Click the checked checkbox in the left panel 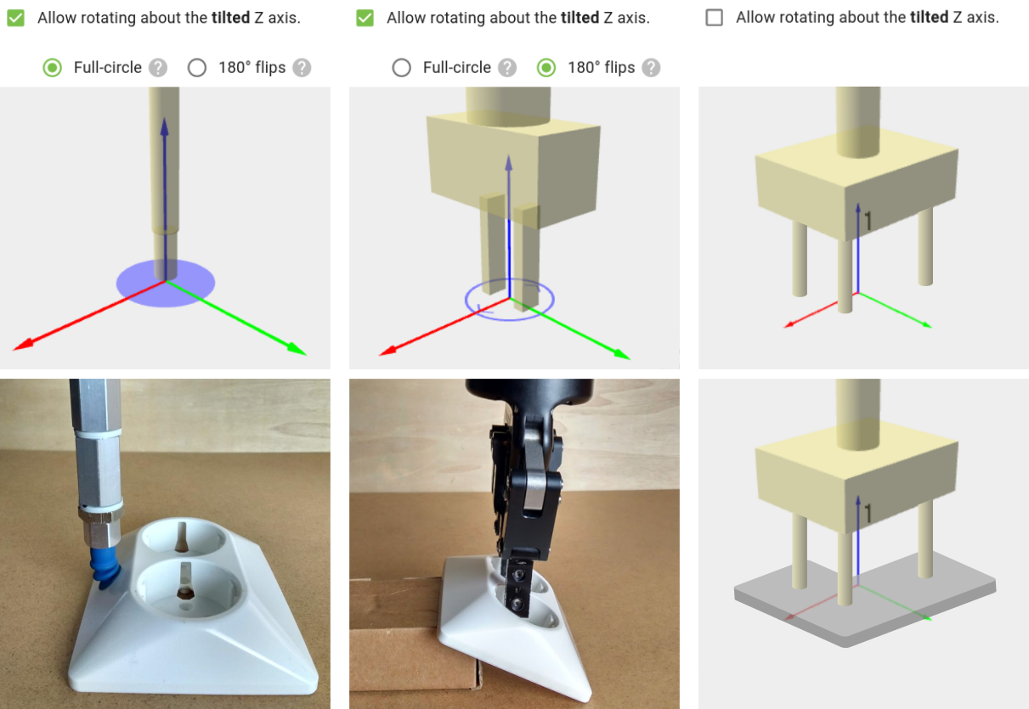[x=15, y=18]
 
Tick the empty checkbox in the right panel [x=714, y=18]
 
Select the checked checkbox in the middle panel [x=365, y=18]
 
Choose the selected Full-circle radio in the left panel [x=53, y=67]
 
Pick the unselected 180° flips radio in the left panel [x=197, y=67]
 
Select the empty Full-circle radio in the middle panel [x=402, y=67]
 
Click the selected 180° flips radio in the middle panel [x=546, y=67]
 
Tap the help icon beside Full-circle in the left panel [x=158, y=68]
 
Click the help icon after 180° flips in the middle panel [x=651, y=68]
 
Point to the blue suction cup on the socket [x=105, y=568]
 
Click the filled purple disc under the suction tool [x=166, y=283]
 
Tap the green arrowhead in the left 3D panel [x=297, y=349]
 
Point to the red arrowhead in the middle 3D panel [x=388, y=351]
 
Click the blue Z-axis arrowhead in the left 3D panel [x=165, y=127]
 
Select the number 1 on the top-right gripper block [x=868, y=221]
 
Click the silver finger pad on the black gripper [x=534, y=492]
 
